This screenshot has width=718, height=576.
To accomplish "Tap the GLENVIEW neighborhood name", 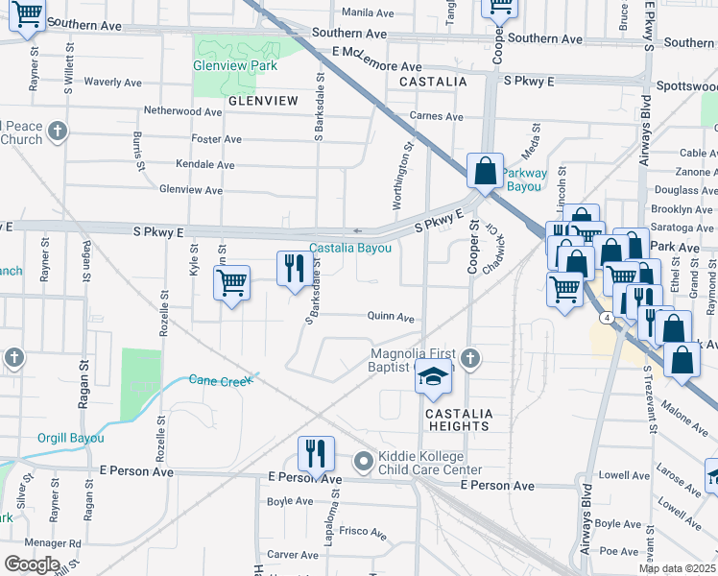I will [x=263, y=100].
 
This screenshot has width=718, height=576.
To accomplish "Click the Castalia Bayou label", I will [x=350, y=248].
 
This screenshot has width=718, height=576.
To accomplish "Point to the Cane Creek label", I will [x=221, y=380].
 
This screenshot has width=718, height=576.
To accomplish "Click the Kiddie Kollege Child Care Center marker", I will [x=363, y=463].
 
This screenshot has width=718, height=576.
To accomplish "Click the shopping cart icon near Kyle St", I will [x=231, y=283].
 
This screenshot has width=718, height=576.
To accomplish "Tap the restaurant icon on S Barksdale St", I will [x=292, y=267].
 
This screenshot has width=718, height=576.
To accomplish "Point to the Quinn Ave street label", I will [x=391, y=317].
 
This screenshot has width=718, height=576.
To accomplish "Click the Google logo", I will [x=32, y=564].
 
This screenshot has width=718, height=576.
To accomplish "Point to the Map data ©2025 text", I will [x=678, y=569].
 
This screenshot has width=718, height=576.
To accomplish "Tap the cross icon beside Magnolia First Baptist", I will [x=468, y=359].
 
